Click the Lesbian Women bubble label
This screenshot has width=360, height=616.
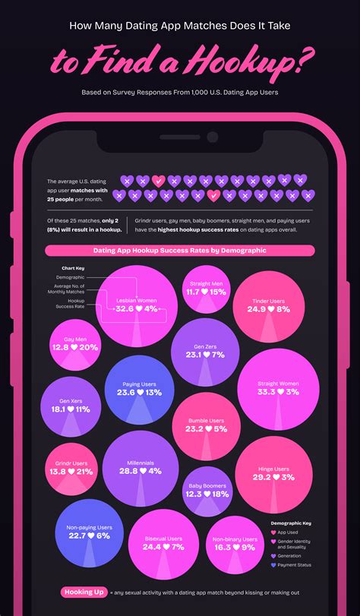pos(137,301)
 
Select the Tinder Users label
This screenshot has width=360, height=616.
pos(268,301)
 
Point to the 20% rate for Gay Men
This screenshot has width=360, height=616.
pos(88,347)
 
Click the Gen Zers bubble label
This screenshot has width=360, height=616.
pos(201,345)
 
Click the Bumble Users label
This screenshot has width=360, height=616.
pos(207,420)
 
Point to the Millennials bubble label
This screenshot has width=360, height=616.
pos(141,463)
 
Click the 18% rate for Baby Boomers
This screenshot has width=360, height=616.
pos(219,494)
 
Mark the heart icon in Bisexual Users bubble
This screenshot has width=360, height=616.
pos(164,547)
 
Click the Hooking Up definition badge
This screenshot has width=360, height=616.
pos(83,592)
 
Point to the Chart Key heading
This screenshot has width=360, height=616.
pos(72,268)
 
